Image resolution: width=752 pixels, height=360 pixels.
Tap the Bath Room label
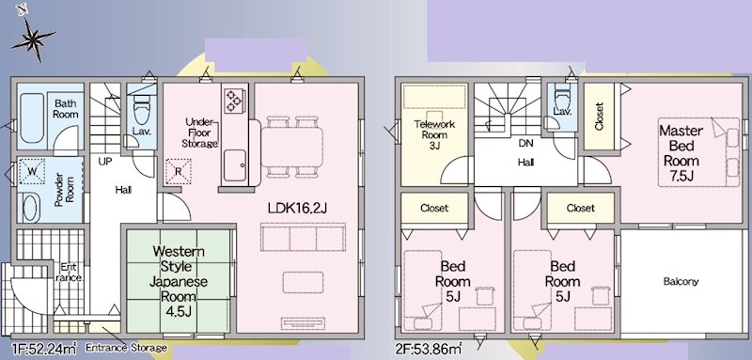click(65, 108)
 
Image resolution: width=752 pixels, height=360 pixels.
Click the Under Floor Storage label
click(201, 133)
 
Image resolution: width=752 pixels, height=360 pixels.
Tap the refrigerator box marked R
click(179, 172)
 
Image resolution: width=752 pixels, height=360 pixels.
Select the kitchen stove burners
click(233, 99)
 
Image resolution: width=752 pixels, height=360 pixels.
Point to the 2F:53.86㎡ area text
click(428, 349)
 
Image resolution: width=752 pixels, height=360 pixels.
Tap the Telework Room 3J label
click(433, 134)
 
